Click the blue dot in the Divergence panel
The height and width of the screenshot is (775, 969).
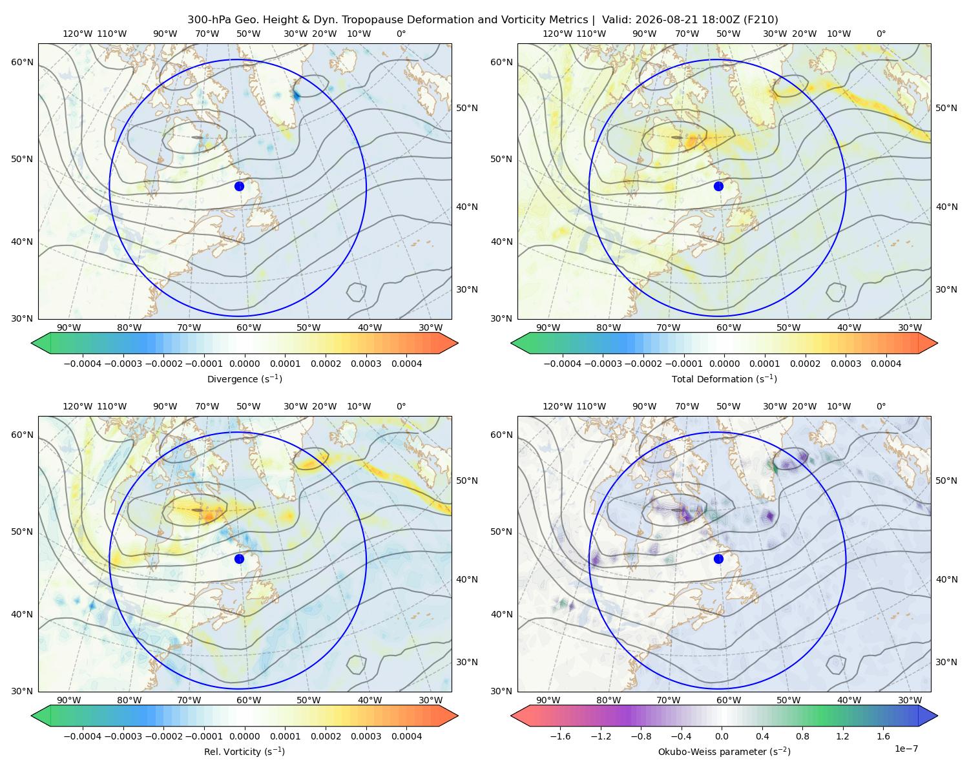(239, 186)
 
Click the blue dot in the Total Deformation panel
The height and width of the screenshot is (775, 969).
(718, 186)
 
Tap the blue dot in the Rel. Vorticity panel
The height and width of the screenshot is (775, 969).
(239, 559)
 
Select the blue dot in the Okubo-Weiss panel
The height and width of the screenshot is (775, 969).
(718, 559)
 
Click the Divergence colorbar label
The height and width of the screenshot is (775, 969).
(244, 378)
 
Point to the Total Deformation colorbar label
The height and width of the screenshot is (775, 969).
(724, 378)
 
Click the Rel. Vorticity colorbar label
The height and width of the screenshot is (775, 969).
(244, 752)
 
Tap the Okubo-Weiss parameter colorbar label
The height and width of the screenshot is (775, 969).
(724, 752)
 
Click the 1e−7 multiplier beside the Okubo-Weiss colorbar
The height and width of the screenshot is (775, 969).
(906, 749)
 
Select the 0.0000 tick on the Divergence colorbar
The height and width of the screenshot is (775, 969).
(244, 364)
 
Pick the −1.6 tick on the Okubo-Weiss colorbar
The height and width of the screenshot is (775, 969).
(560, 736)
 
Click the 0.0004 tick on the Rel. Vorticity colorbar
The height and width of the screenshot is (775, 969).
(406, 736)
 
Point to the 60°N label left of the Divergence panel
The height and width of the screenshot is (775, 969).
(22, 62)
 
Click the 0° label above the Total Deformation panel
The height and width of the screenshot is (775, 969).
(880, 34)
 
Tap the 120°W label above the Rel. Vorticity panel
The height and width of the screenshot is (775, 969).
(78, 406)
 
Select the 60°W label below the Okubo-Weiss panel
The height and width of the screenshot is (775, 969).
(729, 700)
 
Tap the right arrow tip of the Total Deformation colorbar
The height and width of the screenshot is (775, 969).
(937, 343)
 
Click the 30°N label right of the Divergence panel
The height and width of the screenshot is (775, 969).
(467, 289)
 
